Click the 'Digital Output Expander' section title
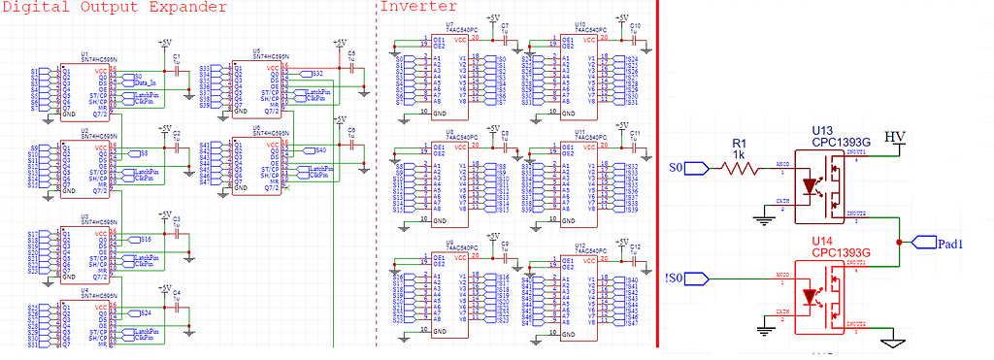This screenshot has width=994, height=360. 115,8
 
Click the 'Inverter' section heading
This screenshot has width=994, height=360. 418,8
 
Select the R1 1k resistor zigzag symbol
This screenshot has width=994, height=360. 741,168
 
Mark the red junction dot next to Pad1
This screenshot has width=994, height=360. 902,242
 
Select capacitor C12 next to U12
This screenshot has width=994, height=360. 633,254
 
